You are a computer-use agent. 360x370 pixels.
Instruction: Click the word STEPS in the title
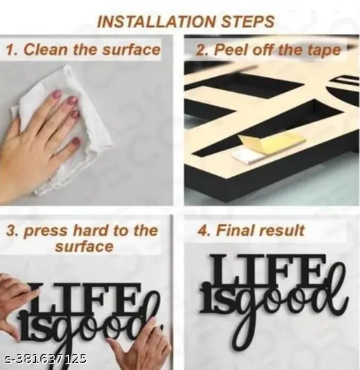pos(247,22)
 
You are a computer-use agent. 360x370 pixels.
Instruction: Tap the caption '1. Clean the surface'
pos(83,50)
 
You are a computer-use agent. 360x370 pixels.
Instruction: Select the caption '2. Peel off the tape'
pos(269,50)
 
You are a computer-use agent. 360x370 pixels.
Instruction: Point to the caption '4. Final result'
pos(251,230)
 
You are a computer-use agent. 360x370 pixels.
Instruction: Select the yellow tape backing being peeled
pos(271,141)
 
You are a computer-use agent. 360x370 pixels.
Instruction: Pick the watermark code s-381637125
pos(46,359)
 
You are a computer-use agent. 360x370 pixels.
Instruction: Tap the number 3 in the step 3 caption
pos(11,230)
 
